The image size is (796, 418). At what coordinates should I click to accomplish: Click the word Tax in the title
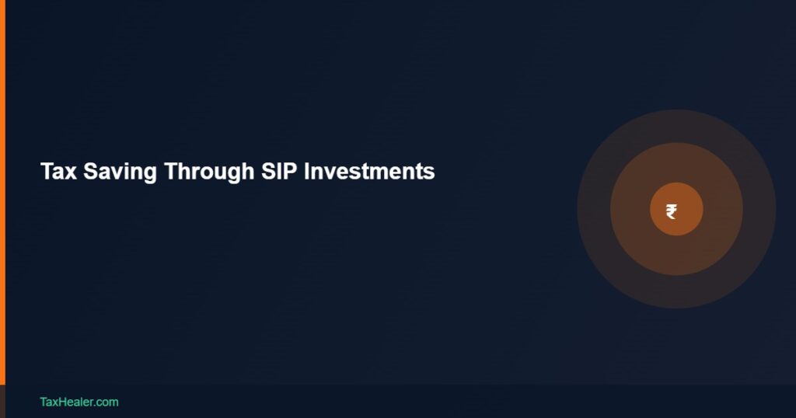coord(58,172)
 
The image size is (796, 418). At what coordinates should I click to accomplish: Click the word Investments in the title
coord(369,172)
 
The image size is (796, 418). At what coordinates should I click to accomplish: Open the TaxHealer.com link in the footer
coord(79,402)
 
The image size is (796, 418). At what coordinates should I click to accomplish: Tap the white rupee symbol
coord(672,211)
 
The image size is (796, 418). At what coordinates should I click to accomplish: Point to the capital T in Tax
coord(46,172)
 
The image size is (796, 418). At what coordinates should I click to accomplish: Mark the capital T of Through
coord(169,172)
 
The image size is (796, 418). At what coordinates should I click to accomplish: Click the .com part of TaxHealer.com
coord(106,402)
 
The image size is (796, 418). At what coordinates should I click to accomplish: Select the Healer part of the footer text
coord(76,402)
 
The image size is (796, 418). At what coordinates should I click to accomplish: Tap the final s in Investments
coord(430,174)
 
